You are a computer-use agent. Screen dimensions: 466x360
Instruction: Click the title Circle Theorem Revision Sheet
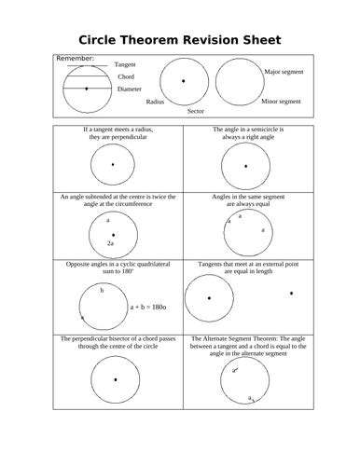pyautogui.click(x=179, y=40)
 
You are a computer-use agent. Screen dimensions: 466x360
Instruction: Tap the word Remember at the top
pyautogui.click(x=76, y=59)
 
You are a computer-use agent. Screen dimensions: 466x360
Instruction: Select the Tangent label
pyautogui.click(x=125, y=64)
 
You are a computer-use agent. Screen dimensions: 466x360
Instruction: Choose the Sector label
pyautogui.click(x=195, y=111)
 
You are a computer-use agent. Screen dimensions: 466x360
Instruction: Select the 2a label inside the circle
pyautogui.click(x=110, y=242)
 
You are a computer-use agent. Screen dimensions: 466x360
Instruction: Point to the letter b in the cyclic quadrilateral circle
pyautogui.click(x=103, y=290)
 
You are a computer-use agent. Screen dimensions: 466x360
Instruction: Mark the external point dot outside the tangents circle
pyautogui.click(x=291, y=294)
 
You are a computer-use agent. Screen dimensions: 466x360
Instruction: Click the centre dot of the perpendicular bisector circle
pyautogui.click(x=115, y=379)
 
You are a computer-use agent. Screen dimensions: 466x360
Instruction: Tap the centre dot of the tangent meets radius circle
pyautogui.click(x=112, y=166)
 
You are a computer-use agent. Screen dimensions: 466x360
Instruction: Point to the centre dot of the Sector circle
pyautogui.click(x=183, y=81)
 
